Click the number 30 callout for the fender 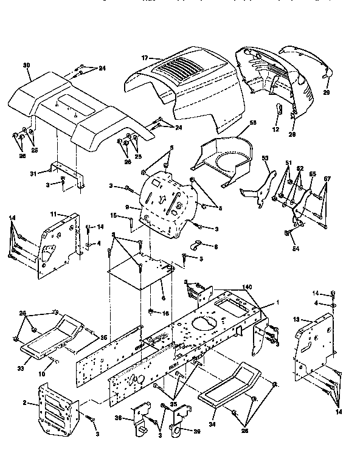[x=26, y=65]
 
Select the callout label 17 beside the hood [x=145, y=58]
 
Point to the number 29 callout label [x=326, y=92]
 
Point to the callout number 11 [x=53, y=215]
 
